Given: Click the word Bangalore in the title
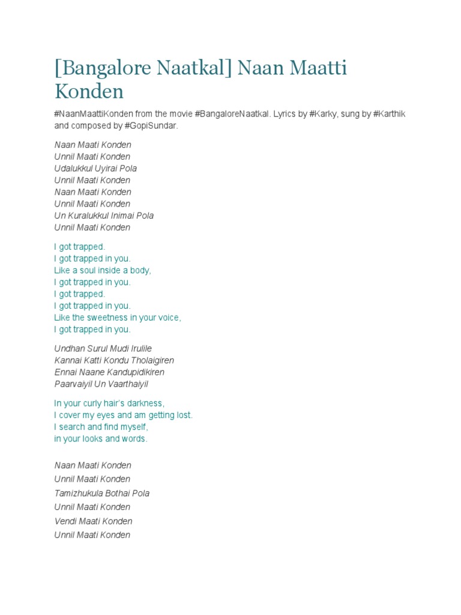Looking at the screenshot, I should pos(105,68).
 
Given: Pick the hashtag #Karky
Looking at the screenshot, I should pos(323,114).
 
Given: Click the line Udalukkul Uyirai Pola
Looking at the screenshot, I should pos(95,169).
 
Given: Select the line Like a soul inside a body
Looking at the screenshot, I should pos(103,270).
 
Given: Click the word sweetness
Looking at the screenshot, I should pos(110,318).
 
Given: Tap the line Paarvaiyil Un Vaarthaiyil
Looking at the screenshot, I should pos(101,384).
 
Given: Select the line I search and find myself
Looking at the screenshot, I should pos(101,427).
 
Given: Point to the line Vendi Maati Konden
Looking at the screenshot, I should pos(93,521).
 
